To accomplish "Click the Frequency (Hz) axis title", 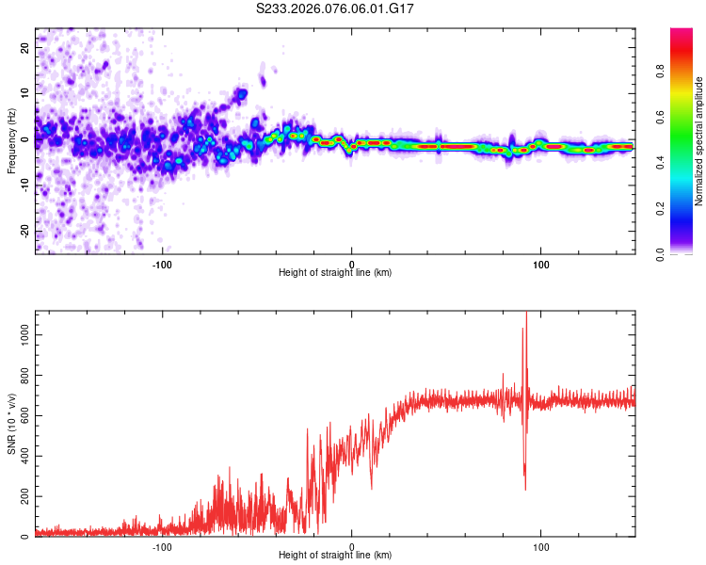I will pyautogui.click(x=11, y=140).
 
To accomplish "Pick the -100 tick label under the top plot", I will pyautogui.click(x=162, y=263).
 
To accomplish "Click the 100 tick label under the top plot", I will pyautogui.click(x=541, y=263).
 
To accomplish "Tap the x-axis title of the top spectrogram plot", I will pyautogui.click(x=335, y=273).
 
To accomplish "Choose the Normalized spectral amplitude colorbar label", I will pyautogui.click(x=698, y=141).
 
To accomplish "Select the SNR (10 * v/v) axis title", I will pyautogui.click(x=11, y=424).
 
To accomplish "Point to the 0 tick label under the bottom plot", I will pyautogui.click(x=352, y=545).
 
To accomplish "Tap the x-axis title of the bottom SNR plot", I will pyautogui.click(x=335, y=556).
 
